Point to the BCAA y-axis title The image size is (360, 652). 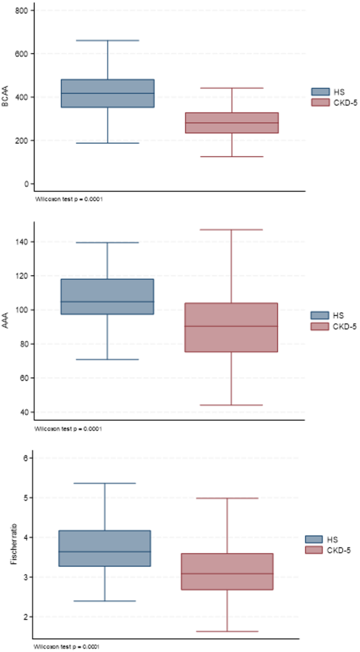(x=5, y=97)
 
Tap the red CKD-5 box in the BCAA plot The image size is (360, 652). (x=232, y=123)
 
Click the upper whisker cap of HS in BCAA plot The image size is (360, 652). (x=108, y=40)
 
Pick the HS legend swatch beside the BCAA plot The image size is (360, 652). (x=320, y=92)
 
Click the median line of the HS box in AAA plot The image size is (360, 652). (x=108, y=302)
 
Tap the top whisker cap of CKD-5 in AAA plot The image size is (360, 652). (x=232, y=230)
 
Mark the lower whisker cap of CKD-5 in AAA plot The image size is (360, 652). (x=232, y=405)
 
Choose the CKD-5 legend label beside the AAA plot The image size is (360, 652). (x=345, y=327)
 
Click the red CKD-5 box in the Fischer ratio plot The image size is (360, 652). (x=227, y=572)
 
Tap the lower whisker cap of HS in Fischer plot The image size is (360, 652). (x=105, y=601)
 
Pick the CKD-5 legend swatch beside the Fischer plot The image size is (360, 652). (x=314, y=550)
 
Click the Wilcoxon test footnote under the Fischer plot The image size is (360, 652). (x=67, y=646)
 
